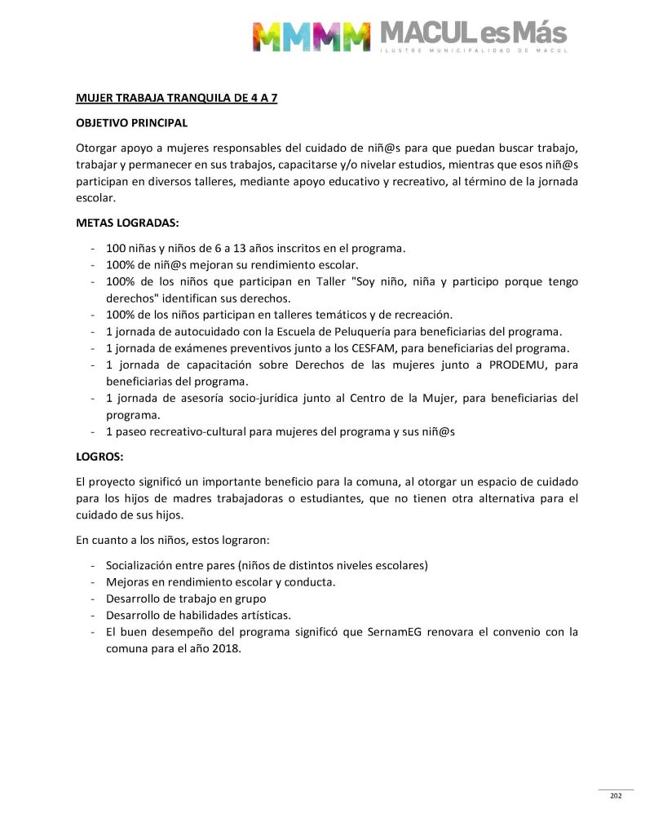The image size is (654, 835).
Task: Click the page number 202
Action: pos(616,796)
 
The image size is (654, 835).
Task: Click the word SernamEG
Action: pos(422,632)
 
